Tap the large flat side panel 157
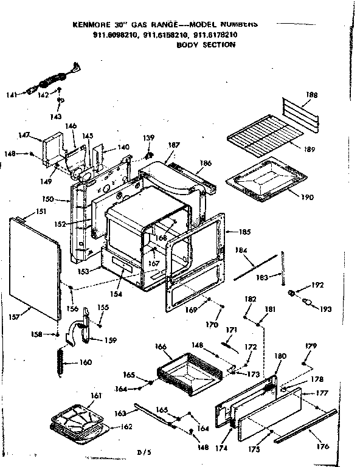tap(36, 268)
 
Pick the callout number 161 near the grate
tap(95, 396)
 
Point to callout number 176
tap(323, 446)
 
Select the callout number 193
tap(326, 309)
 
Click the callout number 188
tap(311, 95)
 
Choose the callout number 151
tap(41, 212)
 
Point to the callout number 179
tap(311, 346)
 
